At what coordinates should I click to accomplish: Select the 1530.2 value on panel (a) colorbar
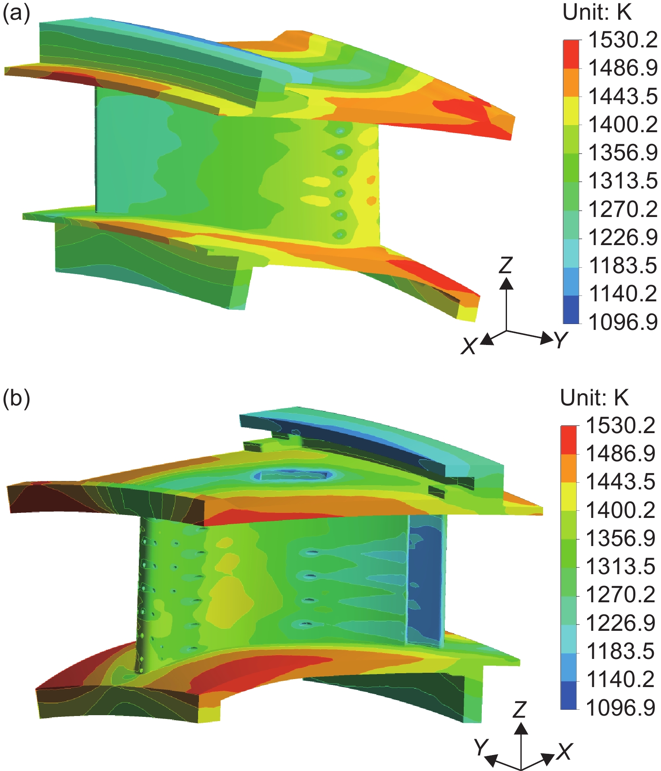click(x=623, y=40)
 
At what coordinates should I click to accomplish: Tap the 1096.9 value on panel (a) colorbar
click(x=623, y=322)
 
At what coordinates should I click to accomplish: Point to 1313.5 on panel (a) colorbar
click(x=623, y=181)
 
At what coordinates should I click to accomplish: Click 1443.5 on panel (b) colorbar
click(x=620, y=482)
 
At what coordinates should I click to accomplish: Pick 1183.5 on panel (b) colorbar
click(x=620, y=651)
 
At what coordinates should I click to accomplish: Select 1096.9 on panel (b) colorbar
click(x=620, y=708)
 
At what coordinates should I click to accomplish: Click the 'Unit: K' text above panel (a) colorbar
click(x=597, y=13)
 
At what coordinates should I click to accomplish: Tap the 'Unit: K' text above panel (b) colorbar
click(x=595, y=397)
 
